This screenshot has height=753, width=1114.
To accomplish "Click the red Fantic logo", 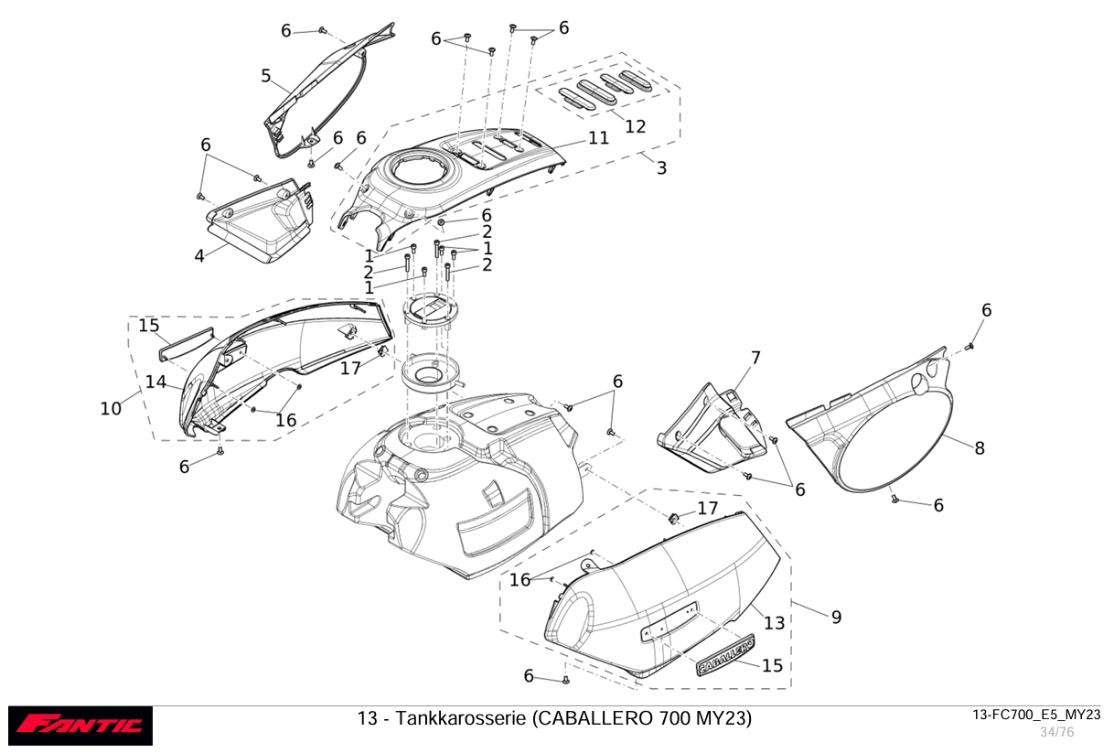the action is pyautogui.click(x=80, y=726).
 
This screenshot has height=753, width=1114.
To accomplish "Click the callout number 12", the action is pyautogui.click(x=635, y=127).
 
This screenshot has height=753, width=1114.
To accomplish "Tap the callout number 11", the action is pyautogui.click(x=598, y=138).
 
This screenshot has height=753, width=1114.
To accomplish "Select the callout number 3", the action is pyautogui.click(x=661, y=168).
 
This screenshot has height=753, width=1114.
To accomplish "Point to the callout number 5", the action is pyautogui.click(x=266, y=76).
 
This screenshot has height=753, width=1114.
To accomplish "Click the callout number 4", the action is pyautogui.click(x=199, y=256).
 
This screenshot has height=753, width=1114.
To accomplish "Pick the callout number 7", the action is pyautogui.click(x=755, y=358).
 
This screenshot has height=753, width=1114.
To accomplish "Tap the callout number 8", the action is pyautogui.click(x=980, y=448).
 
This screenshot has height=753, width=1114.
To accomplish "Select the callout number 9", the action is pyautogui.click(x=837, y=618).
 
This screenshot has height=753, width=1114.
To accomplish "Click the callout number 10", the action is pyautogui.click(x=111, y=409).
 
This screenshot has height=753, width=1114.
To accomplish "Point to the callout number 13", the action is pyautogui.click(x=774, y=623).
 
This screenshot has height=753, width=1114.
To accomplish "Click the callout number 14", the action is pyautogui.click(x=155, y=382).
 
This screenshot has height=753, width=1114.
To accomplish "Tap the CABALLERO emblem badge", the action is pyautogui.click(x=725, y=655).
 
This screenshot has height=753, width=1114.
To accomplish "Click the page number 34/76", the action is pyautogui.click(x=1057, y=732).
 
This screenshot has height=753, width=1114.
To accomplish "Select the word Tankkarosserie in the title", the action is pyautogui.click(x=461, y=718).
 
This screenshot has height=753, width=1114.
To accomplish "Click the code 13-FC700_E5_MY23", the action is pyautogui.click(x=1036, y=715).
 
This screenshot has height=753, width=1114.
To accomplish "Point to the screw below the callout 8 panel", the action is pyautogui.click(x=894, y=500).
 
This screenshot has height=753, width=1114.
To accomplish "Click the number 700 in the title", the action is pyautogui.click(x=674, y=718).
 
